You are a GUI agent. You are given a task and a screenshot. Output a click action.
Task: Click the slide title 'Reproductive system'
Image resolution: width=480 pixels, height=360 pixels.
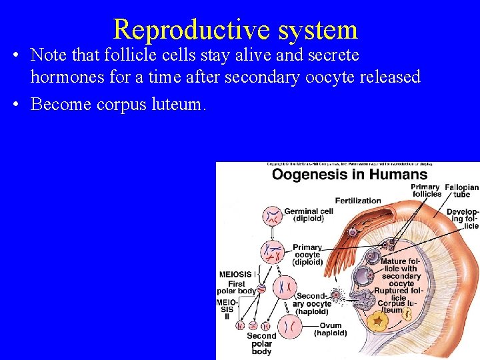(x=235, y=29)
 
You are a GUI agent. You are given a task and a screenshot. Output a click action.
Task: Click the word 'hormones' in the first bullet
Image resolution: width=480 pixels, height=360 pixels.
(x=65, y=77)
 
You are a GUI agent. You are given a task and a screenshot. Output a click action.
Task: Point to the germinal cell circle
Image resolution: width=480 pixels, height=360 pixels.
(x=272, y=216)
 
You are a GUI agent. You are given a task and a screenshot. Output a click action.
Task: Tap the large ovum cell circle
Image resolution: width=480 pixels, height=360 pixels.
(x=289, y=327)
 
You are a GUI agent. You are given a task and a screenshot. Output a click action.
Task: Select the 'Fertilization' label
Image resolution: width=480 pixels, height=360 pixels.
(x=358, y=200)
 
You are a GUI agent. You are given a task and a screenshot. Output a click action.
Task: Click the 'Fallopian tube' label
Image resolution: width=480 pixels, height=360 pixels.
(x=461, y=191)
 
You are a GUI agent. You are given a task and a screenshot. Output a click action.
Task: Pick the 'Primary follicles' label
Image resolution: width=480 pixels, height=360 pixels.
(x=425, y=191)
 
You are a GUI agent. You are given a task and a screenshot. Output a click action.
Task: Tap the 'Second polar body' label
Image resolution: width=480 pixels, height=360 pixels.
(x=261, y=343)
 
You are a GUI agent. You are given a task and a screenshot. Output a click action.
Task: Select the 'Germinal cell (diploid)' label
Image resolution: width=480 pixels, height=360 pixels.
(x=309, y=215)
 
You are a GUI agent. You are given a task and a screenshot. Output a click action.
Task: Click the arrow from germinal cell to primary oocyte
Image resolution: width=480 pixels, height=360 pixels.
(x=273, y=232)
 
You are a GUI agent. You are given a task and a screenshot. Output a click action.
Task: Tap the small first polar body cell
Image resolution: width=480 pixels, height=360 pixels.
(x=261, y=289)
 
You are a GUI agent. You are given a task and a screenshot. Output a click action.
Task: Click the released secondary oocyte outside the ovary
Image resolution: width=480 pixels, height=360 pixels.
(x=336, y=294)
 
